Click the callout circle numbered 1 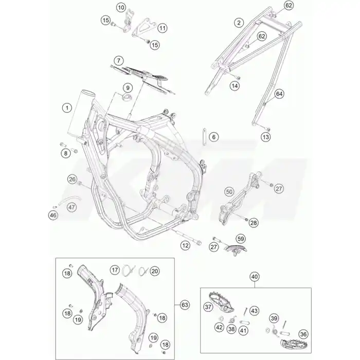click(x=67, y=107)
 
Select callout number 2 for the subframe click(x=239, y=23)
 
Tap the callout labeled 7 click(x=119, y=61)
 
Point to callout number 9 click(x=128, y=88)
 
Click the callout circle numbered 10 click(x=121, y=8)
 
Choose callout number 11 click(x=163, y=28)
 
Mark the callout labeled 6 click(x=214, y=137)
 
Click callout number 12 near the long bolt click(x=185, y=245)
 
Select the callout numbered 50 click(x=229, y=192)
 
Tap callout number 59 click(x=241, y=239)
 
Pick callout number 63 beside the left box click(x=185, y=305)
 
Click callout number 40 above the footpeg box click(x=255, y=277)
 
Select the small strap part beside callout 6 click(x=204, y=137)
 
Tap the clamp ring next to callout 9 click(x=127, y=97)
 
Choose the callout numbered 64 click(x=279, y=94)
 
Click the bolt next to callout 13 click(x=268, y=129)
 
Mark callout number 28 click(x=254, y=223)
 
